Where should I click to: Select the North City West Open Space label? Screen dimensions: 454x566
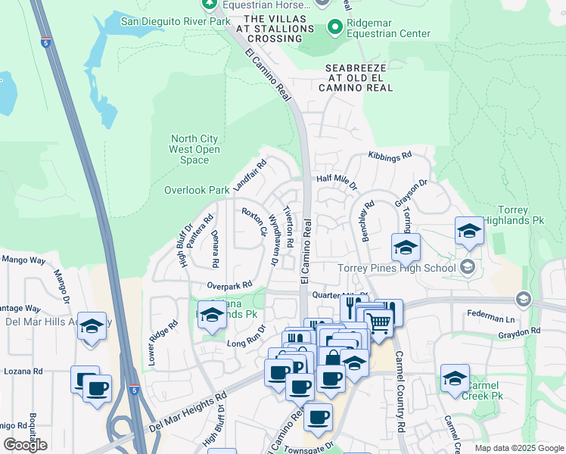(x=194, y=149)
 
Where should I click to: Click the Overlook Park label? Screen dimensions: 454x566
(x=197, y=190)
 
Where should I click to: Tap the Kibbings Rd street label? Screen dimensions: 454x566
(x=390, y=155)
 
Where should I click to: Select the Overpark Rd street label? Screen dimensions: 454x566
(x=230, y=285)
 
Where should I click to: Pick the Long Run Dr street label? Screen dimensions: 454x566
(x=247, y=337)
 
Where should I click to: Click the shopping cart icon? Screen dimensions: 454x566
(x=379, y=323)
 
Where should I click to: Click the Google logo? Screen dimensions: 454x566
(x=25, y=444)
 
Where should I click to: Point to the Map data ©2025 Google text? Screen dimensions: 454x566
(x=518, y=448)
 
